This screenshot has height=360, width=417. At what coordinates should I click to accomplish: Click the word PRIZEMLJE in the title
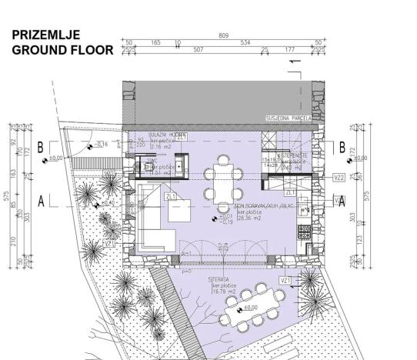(46, 35)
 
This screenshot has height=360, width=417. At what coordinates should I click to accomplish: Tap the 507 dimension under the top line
(198, 51)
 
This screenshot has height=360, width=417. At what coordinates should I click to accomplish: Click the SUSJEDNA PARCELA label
(289, 119)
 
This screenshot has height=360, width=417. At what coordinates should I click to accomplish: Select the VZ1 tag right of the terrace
(285, 282)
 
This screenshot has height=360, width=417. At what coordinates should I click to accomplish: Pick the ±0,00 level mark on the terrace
(249, 308)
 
